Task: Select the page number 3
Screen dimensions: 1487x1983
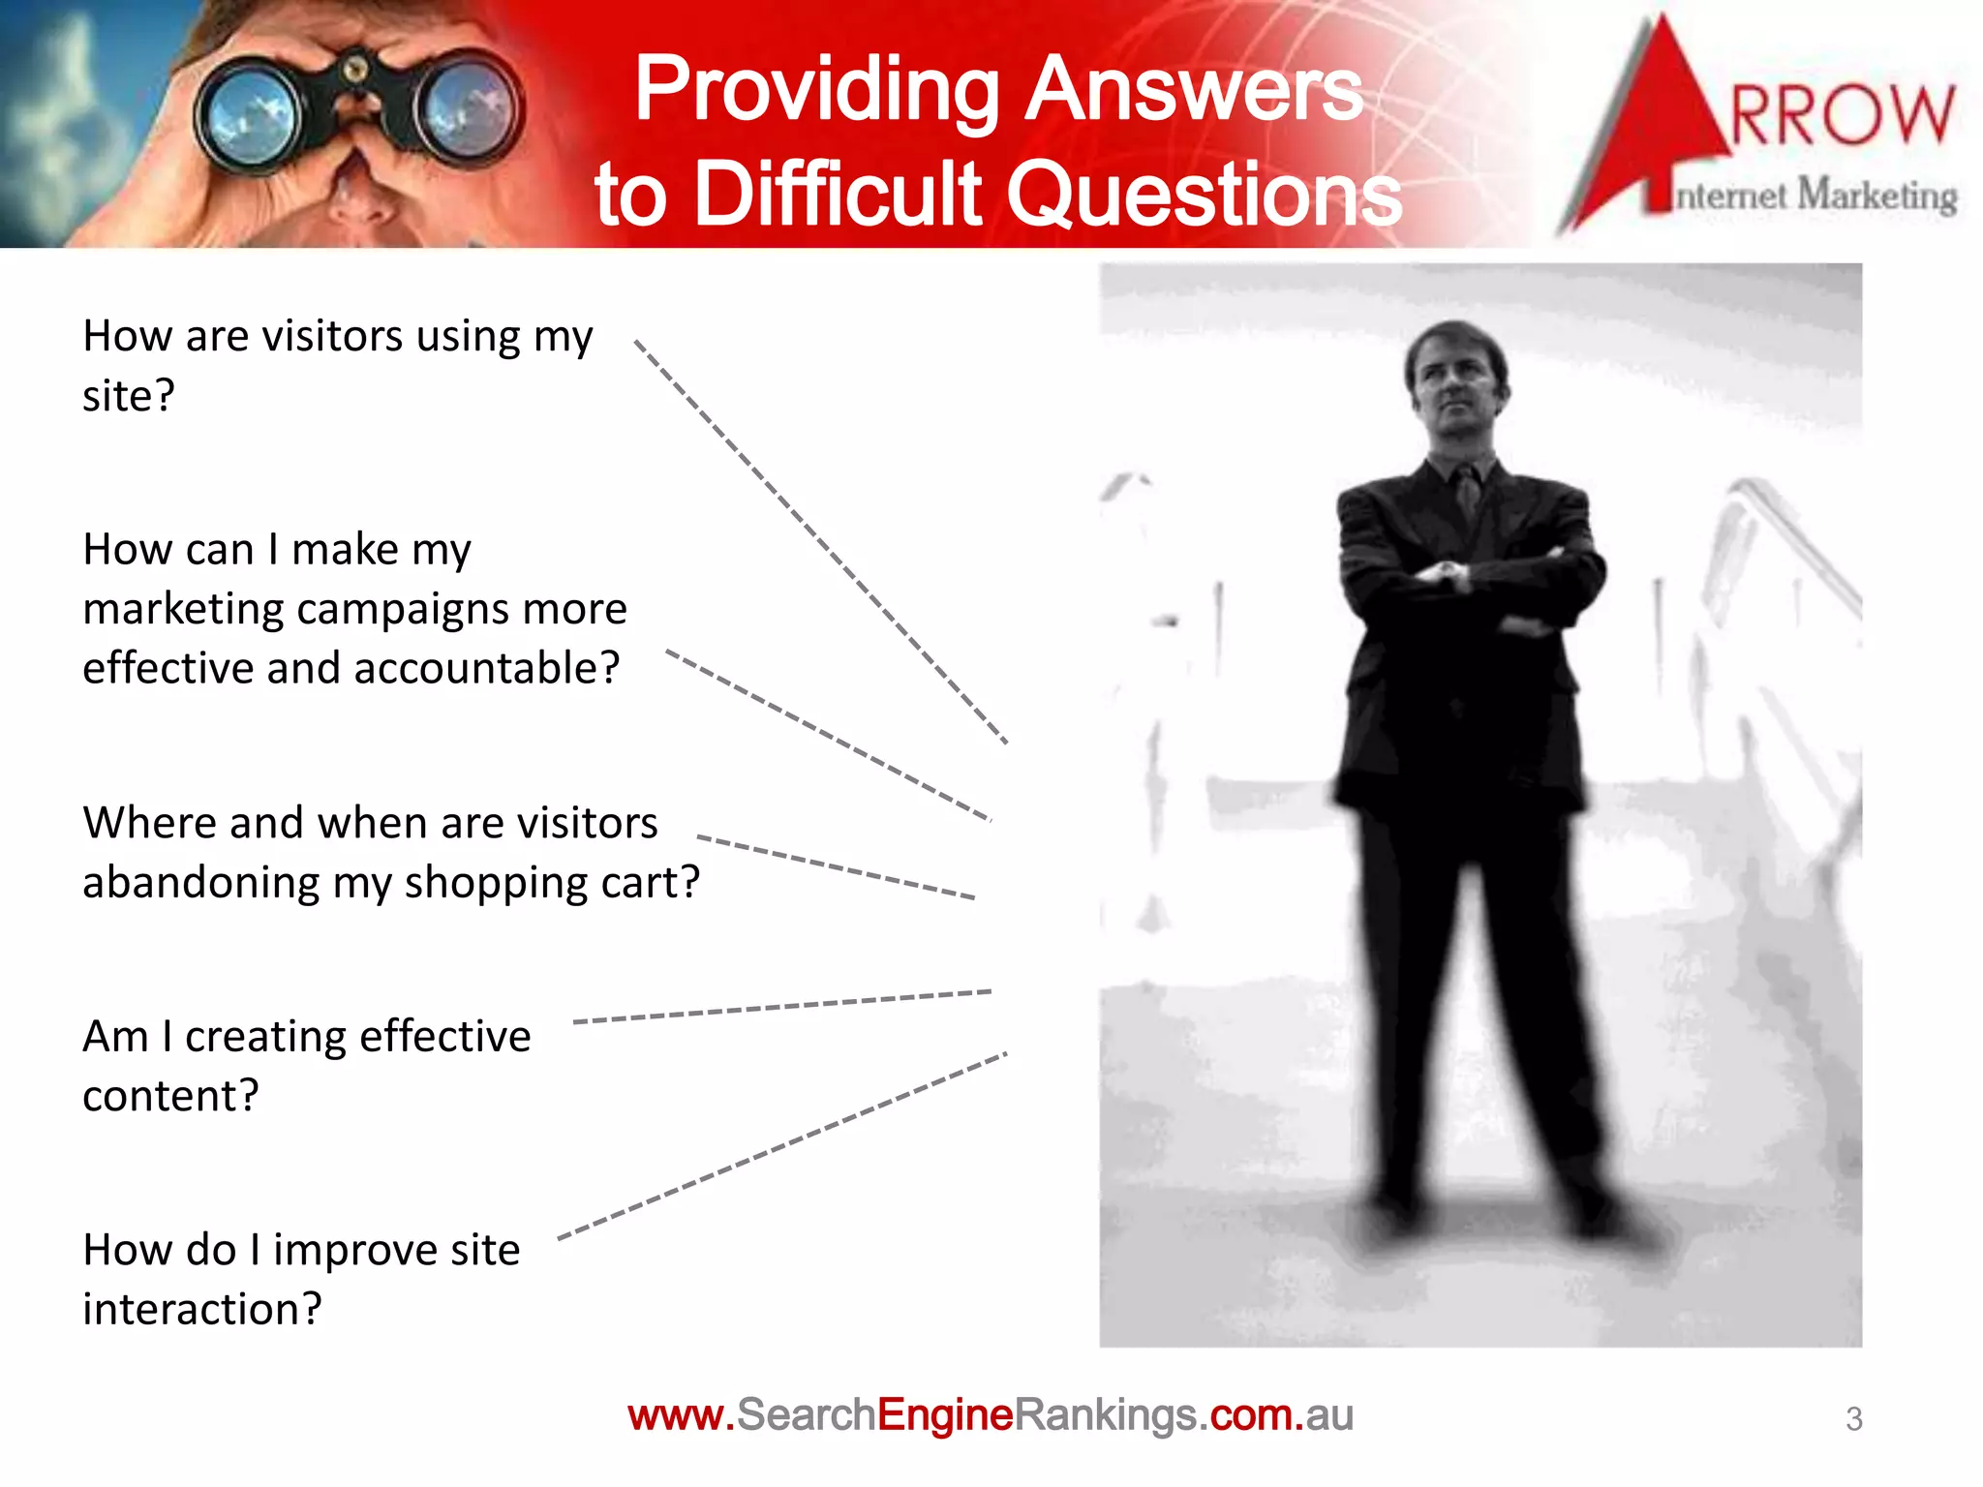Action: coord(1853,1418)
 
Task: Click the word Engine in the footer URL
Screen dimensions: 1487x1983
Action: coord(944,1415)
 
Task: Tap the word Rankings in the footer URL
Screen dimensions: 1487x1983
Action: coord(1105,1415)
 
